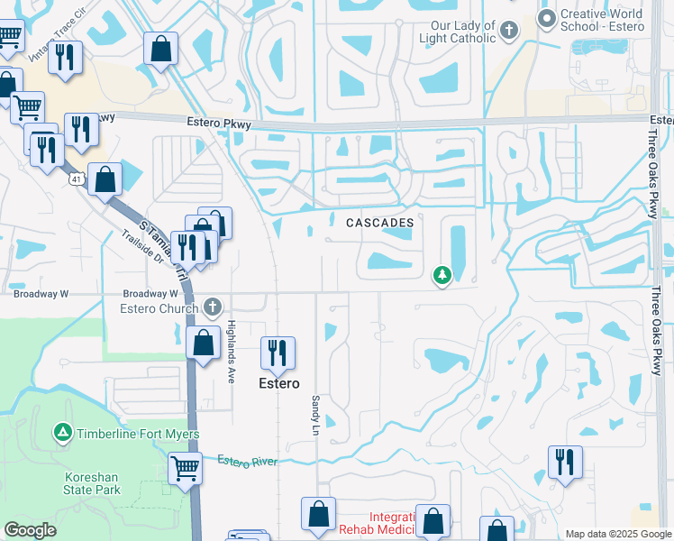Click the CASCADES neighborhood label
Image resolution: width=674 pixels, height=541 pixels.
pos(380,222)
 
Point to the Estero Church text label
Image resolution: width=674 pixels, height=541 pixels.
pos(159,309)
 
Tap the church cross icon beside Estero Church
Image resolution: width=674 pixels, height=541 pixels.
pos(212,308)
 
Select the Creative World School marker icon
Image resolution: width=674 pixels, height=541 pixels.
pos(546,18)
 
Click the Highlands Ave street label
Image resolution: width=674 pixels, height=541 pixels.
pos(232,352)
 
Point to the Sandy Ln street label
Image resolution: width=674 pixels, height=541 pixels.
pos(315,412)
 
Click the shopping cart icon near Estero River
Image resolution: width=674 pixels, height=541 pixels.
pos(185,467)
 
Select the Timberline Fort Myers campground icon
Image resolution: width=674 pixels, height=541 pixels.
pos(63,434)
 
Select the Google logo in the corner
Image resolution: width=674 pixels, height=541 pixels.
pos(31,530)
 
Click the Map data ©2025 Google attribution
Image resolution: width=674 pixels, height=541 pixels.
pos(618,534)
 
